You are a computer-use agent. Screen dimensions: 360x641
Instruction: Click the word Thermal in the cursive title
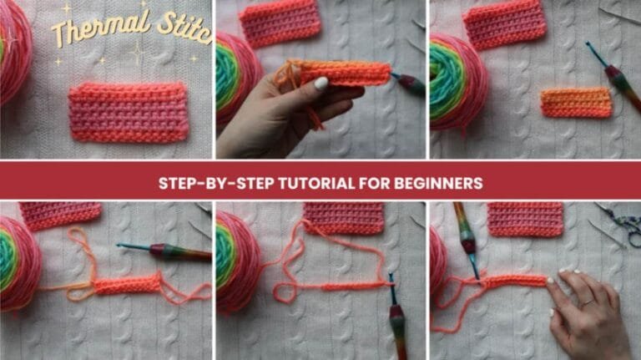pyautogui.click(x=91, y=31)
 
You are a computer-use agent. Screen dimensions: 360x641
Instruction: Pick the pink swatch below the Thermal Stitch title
pyautogui.click(x=129, y=112)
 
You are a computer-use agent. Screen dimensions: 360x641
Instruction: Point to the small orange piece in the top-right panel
pyautogui.click(x=576, y=102)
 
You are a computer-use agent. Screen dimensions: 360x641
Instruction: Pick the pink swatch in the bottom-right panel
pyautogui.click(x=525, y=219)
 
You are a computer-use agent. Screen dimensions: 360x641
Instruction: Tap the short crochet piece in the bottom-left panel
pyautogui.click(x=127, y=285)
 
